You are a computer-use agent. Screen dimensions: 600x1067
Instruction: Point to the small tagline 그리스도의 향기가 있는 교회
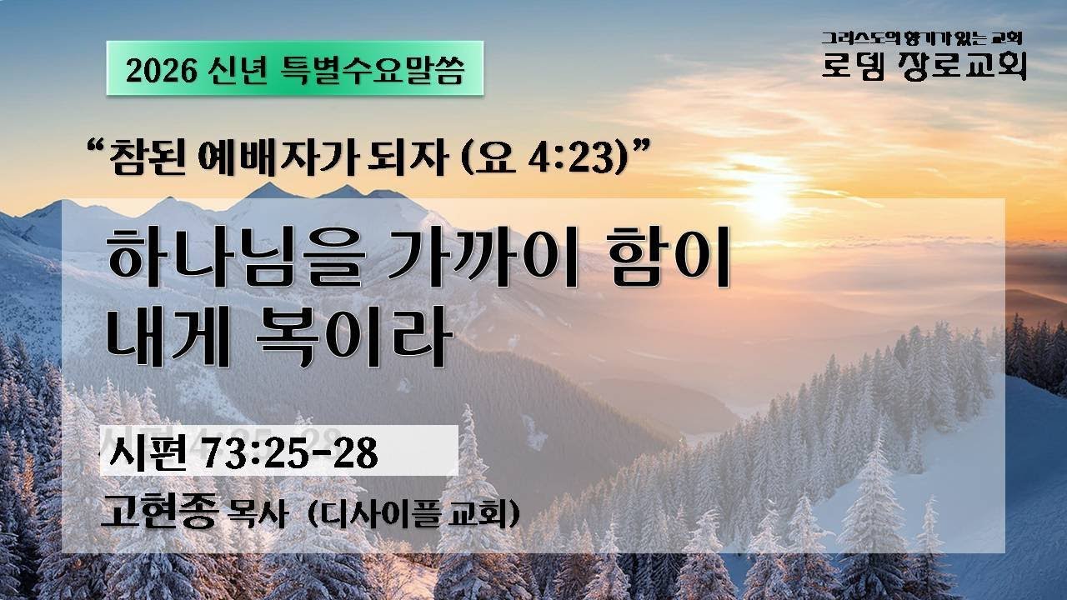(922, 38)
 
